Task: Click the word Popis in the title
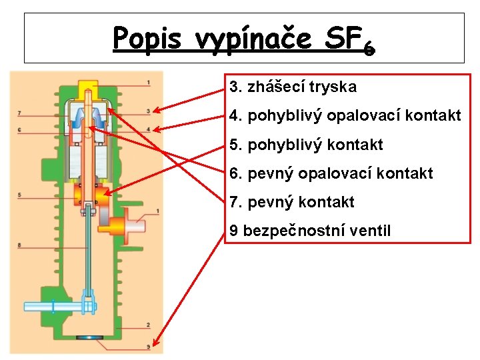(145, 39)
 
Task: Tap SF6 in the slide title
(349, 41)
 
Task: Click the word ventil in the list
(371, 231)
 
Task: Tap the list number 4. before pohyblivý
(235, 116)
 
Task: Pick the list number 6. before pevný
(235, 174)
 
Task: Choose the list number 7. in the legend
(235, 203)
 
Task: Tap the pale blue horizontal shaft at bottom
(53, 307)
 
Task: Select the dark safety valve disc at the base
(86, 338)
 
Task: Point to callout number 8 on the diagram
(20, 245)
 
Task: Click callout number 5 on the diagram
(20, 195)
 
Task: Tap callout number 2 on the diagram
(148, 325)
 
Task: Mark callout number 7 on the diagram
(20, 112)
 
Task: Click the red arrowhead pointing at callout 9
(155, 344)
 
